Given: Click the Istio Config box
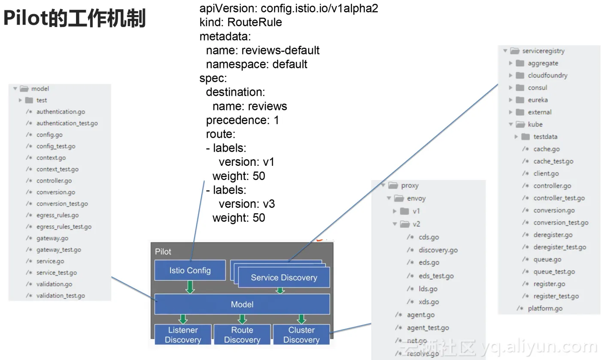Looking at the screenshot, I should [x=190, y=270].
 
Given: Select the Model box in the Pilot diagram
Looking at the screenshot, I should [x=242, y=304].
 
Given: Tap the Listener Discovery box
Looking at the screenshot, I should [x=183, y=335].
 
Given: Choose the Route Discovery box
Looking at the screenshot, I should [x=242, y=335].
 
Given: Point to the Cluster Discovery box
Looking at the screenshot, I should [x=301, y=335].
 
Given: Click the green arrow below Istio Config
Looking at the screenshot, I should [x=190, y=287].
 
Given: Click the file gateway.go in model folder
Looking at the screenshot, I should [x=52, y=238].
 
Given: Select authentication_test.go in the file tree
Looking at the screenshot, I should [x=67, y=123].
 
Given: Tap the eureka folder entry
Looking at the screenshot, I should [x=537, y=100].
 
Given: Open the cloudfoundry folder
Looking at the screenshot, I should [x=547, y=75].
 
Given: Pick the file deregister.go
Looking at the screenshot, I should [x=553, y=235].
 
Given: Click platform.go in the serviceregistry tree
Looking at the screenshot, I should [x=545, y=308].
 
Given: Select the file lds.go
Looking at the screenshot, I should [x=428, y=289].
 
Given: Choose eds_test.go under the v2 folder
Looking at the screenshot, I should [x=436, y=276].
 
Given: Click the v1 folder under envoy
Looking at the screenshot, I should [x=416, y=211].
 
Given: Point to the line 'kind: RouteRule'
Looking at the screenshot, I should [x=240, y=22].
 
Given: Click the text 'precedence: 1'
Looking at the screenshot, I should [x=242, y=120].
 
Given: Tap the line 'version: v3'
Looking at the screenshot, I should [x=246, y=204].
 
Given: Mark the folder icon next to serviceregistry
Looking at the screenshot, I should [x=515, y=51].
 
